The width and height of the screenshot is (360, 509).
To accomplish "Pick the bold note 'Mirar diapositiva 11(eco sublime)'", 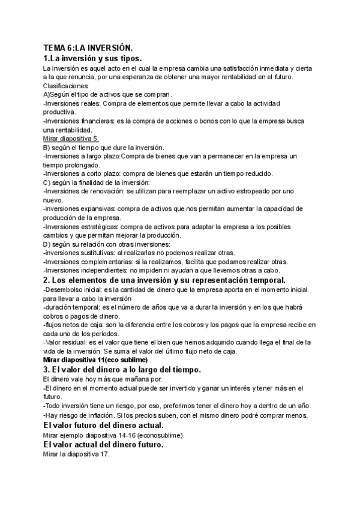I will (95, 360).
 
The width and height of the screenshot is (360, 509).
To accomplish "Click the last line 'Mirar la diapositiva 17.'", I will (77, 454).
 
